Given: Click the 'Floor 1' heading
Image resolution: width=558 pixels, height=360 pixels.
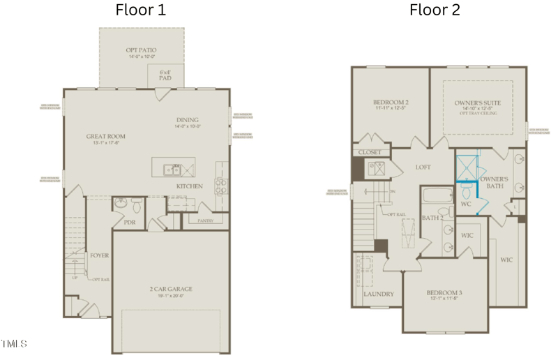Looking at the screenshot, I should [x=141, y=10].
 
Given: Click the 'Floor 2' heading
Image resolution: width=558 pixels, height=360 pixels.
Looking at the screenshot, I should [x=435, y=10].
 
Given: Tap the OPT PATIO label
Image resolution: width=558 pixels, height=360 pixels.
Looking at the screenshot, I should [x=141, y=51].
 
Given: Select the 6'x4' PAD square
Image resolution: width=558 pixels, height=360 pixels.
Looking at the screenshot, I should [x=165, y=76].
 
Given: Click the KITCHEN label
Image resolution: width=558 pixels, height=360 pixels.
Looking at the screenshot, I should [x=189, y=186].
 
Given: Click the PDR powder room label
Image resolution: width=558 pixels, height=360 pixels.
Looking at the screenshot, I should [x=129, y=223].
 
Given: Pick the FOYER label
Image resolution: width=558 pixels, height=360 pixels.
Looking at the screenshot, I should [x=99, y=255].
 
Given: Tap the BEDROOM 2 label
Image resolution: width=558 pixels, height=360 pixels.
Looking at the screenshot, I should [x=391, y=103].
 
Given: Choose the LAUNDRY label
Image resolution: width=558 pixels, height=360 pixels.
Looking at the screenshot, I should [x=379, y=294].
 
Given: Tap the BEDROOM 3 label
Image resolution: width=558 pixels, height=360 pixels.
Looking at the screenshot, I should [x=444, y=292].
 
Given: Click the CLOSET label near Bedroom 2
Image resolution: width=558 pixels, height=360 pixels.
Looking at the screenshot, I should [x=369, y=152].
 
